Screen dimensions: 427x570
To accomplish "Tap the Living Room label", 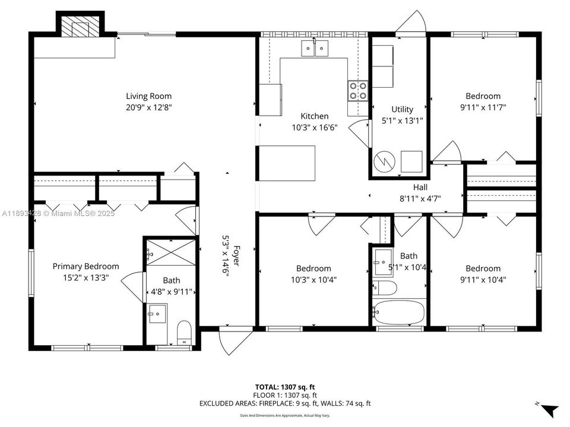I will click(x=148, y=96).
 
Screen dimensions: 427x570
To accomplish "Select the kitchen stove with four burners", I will click(x=358, y=91).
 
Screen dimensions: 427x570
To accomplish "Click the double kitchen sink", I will click(x=315, y=48).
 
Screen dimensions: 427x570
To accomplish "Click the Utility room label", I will click(x=402, y=109).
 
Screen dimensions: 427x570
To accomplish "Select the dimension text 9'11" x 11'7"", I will click(x=483, y=107).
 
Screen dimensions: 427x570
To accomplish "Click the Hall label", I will click(x=420, y=187).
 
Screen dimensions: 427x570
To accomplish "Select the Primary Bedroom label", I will click(x=85, y=267).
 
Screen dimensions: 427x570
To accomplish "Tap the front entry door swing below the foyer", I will click(x=229, y=341).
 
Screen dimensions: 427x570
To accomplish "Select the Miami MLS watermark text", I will click(x=58, y=213).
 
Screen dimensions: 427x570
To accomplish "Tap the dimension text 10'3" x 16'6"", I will click(x=314, y=127).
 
